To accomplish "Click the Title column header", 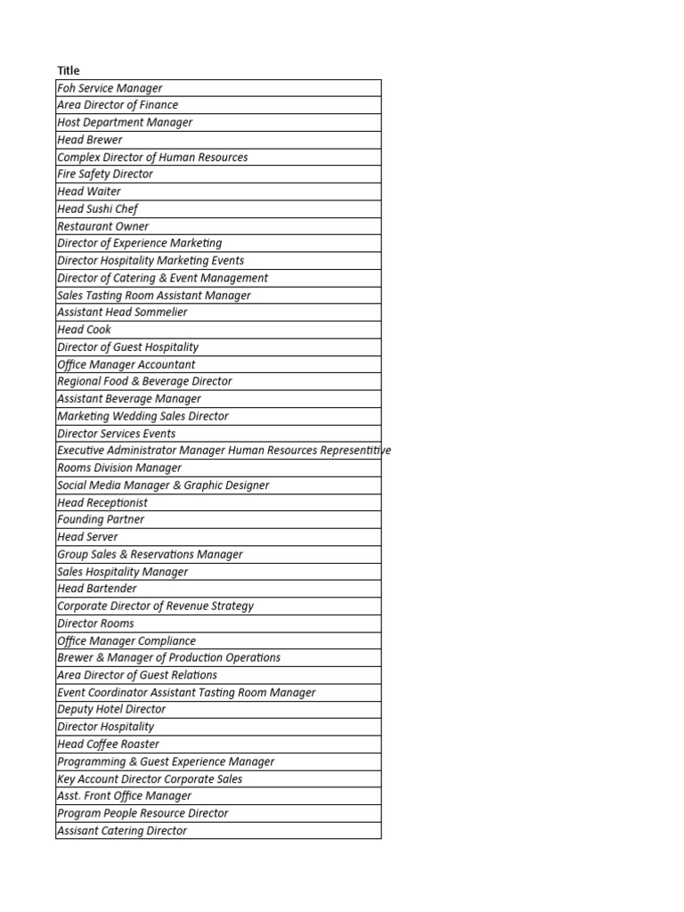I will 69,70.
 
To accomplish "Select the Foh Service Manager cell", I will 110,88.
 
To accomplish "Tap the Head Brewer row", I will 90,140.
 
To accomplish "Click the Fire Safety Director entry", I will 105,175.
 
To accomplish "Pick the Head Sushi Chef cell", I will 98,209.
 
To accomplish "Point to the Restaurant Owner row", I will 103,226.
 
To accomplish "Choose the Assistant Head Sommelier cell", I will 122,313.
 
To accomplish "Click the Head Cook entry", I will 85,330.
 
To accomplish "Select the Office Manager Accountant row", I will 126,364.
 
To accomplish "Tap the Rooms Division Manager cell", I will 119,468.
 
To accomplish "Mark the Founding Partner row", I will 101,520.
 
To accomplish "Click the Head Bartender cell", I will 97,589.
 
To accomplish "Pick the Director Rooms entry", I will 96,623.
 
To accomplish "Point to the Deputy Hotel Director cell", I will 111,710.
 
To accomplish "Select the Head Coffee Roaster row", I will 109,745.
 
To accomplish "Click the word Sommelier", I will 160,313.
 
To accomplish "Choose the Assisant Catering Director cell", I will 122,831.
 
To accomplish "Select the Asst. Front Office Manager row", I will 125,796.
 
